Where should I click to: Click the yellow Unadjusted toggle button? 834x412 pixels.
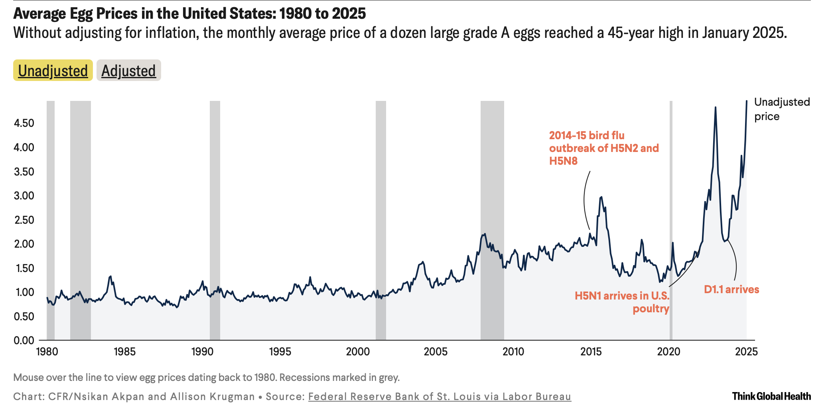pos(53,71)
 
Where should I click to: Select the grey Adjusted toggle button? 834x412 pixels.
pos(128,71)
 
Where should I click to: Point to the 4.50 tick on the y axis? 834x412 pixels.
pos(24,123)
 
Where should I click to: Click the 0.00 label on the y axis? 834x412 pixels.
pos(24,341)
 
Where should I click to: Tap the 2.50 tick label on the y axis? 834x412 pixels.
pos(24,220)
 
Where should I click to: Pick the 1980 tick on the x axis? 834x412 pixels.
pos(47,352)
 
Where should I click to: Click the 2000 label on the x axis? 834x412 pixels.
pos(358,352)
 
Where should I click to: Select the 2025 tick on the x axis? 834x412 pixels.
pos(746,352)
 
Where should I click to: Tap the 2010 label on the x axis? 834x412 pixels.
pos(513,352)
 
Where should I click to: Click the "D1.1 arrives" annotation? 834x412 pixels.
pos(731,290)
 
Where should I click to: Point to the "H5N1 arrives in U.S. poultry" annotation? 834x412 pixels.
pos(622,302)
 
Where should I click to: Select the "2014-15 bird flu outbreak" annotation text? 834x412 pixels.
pos(603,148)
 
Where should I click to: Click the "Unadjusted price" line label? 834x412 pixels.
pos(781,109)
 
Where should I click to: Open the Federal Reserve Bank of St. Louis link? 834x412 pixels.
pos(440,397)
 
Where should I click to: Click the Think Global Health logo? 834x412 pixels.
pos(771,396)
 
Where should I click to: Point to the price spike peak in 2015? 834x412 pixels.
pos(601,197)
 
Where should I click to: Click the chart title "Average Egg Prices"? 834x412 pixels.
pos(189,14)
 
